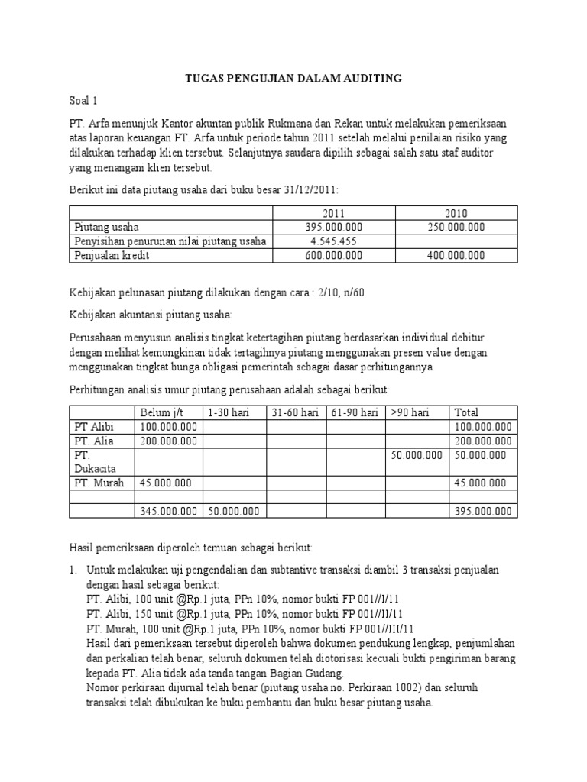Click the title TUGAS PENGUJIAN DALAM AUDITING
(x=293, y=79)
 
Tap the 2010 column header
(x=456, y=213)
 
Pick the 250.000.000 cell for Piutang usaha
(x=456, y=228)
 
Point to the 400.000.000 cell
(x=456, y=256)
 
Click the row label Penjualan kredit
(x=112, y=256)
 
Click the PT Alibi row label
(x=92, y=426)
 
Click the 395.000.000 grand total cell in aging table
(x=483, y=511)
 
